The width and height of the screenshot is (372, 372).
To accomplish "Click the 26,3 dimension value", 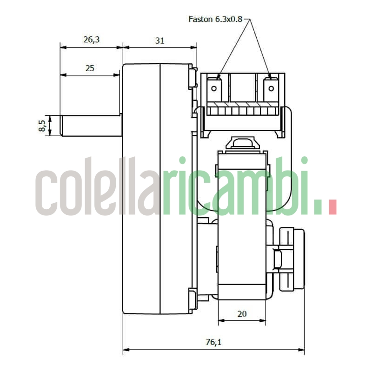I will click(x=91, y=40).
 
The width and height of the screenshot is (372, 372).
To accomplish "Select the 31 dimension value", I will click(x=159, y=40).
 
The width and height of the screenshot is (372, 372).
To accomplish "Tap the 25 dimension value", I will click(x=90, y=68).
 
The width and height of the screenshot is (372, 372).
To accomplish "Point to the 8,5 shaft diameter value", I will click(x=42, y=126).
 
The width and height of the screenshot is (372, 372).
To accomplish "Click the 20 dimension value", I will click(x=242, y=314).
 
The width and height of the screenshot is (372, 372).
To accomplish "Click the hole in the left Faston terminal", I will click(x=214, y=88).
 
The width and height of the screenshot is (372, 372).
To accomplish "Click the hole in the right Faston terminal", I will click(x=271, y=88).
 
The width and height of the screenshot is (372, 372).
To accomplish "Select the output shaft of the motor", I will click(x=91, y=126).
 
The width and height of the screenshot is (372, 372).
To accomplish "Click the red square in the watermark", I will click(x=332, y=207).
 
